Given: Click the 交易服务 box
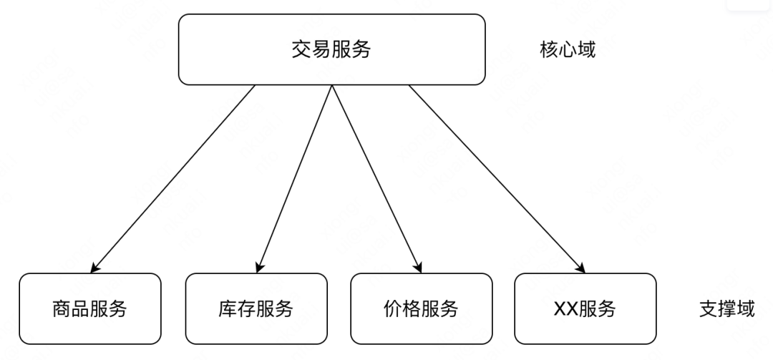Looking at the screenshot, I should coord(331,49).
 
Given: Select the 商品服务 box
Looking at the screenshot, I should coord(90,308).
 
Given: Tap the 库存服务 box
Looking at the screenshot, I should coord(256,308).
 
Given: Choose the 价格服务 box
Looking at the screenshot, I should coord(421,308).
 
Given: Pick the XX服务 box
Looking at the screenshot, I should coord(585,308).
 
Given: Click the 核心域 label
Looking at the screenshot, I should coord(568,50).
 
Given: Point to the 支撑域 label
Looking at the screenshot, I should coord(726,309).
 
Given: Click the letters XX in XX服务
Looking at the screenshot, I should coord(565,309).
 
